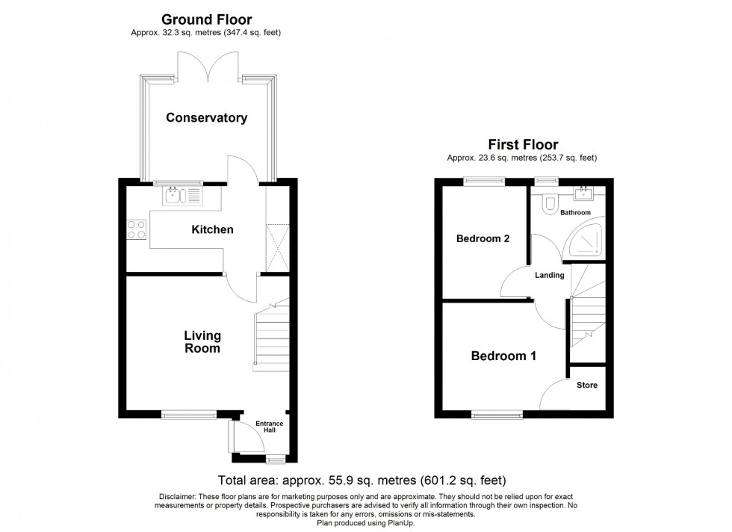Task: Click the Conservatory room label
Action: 206,118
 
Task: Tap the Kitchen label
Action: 213,229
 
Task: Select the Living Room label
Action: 202,342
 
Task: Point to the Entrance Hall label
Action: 270,427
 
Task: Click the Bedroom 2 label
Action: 483,239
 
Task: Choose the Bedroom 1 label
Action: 503,356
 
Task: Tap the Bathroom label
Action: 577,213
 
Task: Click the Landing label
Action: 549,275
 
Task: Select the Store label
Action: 586,386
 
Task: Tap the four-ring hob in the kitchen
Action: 136,229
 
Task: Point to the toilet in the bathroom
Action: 550,203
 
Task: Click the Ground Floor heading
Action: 206,19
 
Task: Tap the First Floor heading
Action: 523,145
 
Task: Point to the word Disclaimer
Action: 178,498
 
